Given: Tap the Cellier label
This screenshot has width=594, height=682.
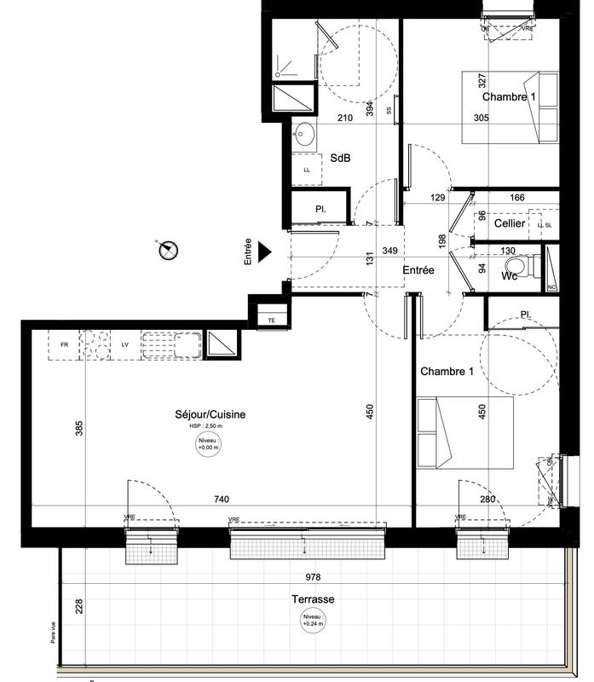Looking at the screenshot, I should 509,223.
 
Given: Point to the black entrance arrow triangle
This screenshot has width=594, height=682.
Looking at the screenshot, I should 264,251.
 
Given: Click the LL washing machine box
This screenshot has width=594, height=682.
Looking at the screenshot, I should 306,170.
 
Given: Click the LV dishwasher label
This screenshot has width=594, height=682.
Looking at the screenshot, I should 124,345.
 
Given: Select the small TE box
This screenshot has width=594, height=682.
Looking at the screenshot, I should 272,319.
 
